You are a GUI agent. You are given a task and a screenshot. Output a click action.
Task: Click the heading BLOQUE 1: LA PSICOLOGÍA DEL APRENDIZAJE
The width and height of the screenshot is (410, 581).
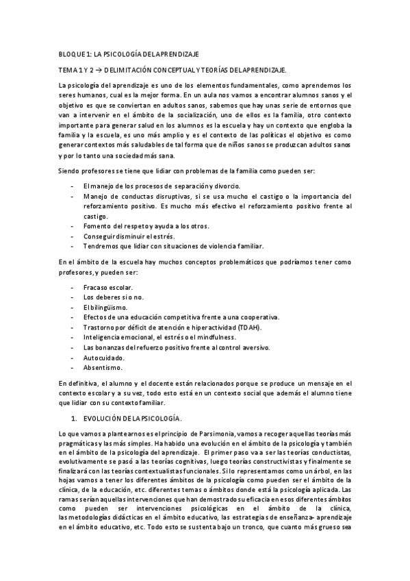click(x=129, y=53)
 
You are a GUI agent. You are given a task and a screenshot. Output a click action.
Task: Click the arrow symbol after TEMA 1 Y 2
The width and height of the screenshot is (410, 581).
click(x=98, y=70)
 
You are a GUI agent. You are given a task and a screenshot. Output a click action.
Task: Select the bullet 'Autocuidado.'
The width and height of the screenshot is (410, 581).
click(x=105, y=357)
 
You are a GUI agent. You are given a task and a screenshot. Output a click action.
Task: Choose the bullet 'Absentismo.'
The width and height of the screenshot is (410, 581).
click(x=103, y=367)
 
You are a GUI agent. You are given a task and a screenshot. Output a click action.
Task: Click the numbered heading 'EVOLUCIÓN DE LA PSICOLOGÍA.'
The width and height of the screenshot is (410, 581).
click(x=131, y=417)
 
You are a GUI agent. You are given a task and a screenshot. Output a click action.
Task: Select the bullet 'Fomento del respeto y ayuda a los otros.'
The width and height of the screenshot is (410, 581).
click(x=146, y=226)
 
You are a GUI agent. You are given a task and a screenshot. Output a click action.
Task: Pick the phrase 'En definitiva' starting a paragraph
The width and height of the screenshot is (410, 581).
click(x=79, y=382)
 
